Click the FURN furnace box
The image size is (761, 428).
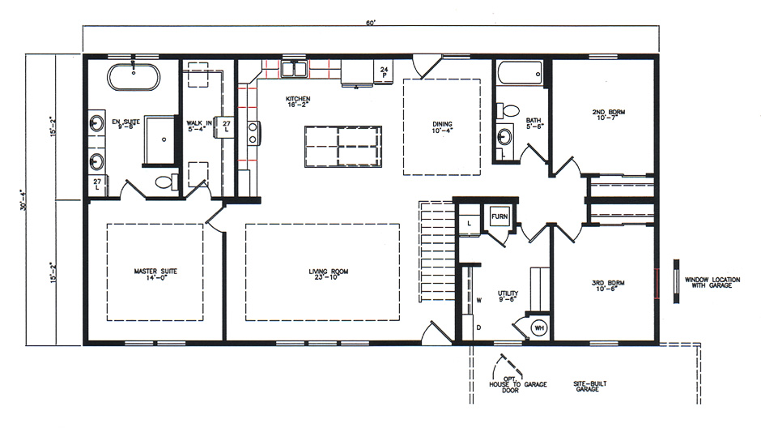click(x=500, y=218)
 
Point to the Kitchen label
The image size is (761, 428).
click(x=298, y=102)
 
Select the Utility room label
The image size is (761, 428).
click(x=509, y=296)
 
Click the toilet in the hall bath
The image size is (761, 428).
click(x=510, y=109)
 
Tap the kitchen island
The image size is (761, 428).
click(x=342, y=147)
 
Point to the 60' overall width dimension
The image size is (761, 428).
click(x=371, y=23)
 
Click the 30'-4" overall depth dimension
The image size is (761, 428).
click(x=31, y=199)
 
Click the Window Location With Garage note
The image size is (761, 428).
click(x=712, y=282)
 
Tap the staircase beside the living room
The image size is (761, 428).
click(x=436, y=250)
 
